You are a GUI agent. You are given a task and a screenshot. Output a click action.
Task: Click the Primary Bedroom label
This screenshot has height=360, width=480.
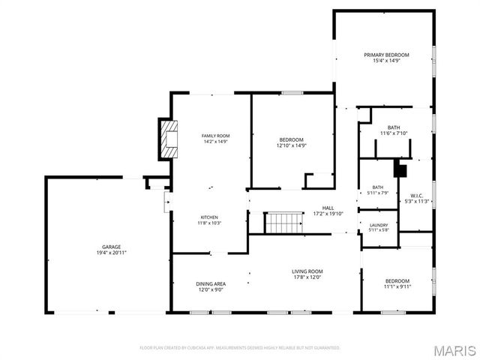coord(386,55)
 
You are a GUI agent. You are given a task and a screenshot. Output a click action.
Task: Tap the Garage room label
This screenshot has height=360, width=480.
coord(112,247)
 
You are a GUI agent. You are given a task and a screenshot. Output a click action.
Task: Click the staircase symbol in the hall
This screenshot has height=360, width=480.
coord(283,222)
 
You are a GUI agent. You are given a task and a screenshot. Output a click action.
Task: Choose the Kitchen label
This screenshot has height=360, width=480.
coord(209,217)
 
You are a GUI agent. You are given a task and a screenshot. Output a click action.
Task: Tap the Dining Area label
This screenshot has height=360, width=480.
coord(211,283)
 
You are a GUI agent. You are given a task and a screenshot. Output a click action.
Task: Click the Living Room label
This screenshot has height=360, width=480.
coord(307,271)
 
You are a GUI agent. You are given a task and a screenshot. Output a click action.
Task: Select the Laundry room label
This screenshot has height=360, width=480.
coord(378,225)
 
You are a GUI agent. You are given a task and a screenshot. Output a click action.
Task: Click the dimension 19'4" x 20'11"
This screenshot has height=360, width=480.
coord(112,253)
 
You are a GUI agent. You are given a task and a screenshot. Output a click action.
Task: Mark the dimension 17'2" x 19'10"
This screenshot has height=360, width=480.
coord(328,214)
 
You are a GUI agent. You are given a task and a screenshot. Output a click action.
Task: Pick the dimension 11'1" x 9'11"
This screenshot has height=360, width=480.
coord(397,286)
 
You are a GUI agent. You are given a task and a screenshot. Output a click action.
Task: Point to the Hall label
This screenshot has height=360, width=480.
coord(328,208)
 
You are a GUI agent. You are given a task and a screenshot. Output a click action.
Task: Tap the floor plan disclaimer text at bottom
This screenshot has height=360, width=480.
coord(240,348)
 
